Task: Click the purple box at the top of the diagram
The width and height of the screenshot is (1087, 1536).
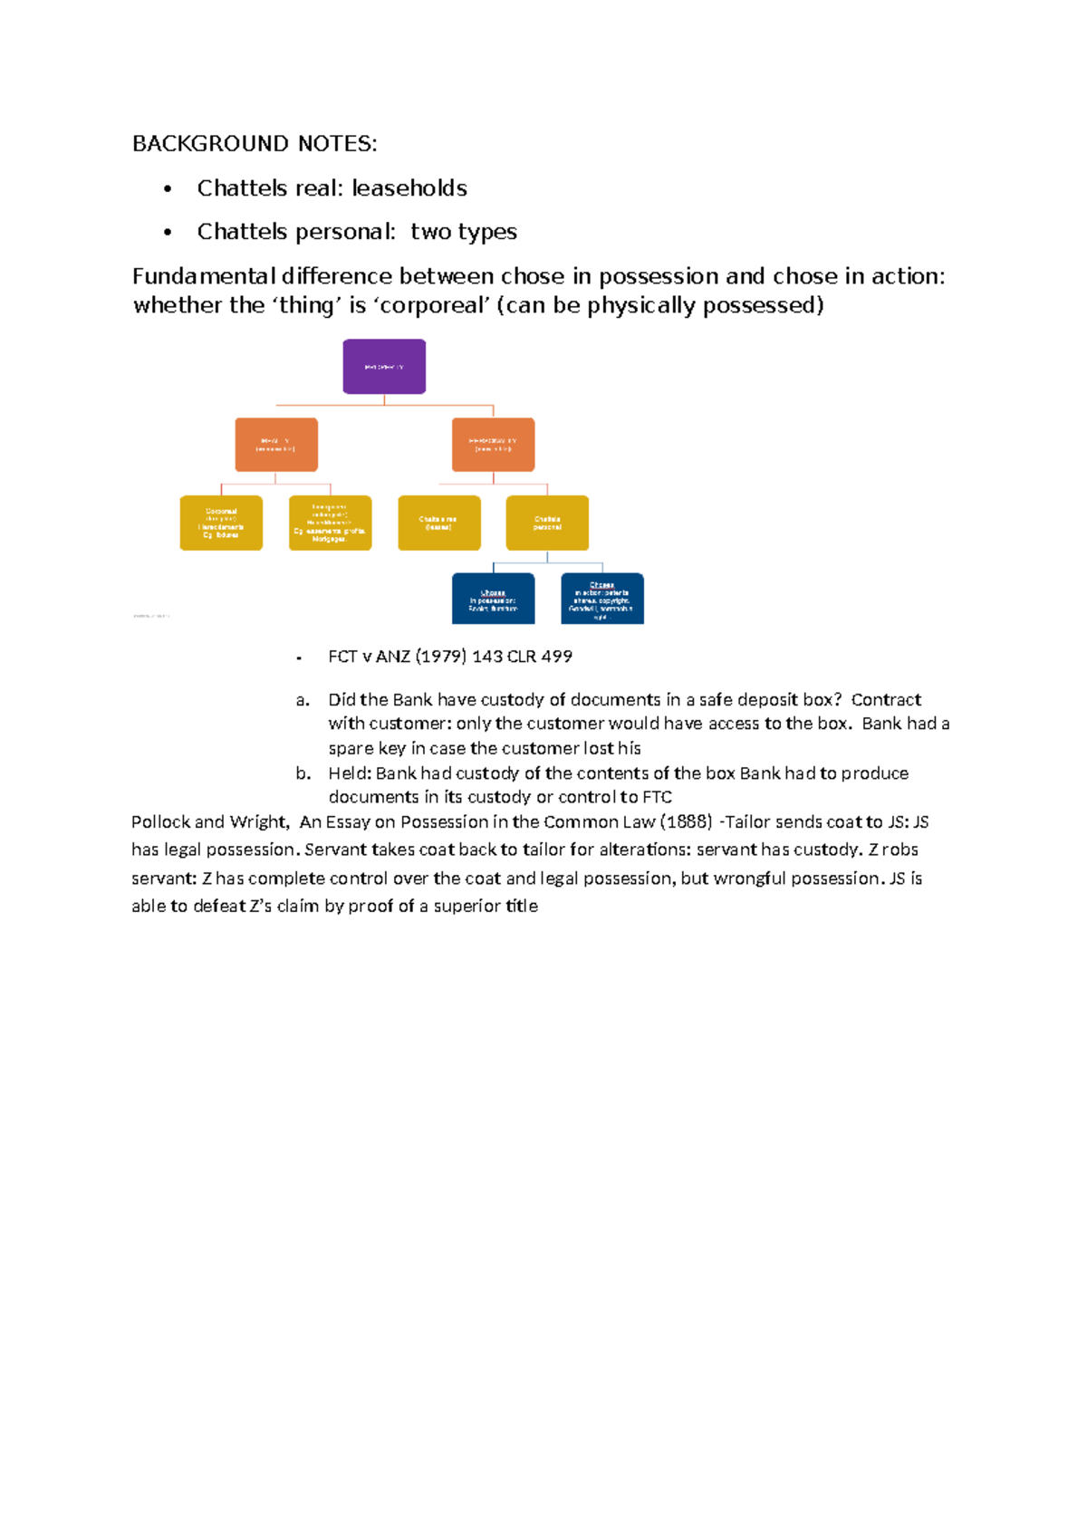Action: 384,367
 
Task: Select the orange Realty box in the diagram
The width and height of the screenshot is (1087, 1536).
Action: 276,445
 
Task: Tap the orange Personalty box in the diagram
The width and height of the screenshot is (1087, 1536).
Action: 493,445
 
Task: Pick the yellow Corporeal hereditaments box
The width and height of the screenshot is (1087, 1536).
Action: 221,523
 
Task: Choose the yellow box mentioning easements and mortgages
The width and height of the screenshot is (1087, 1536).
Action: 330,523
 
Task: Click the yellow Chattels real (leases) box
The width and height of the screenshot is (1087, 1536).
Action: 439,523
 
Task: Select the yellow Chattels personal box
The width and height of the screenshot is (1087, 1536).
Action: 547,523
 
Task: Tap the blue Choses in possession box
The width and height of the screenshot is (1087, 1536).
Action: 493,599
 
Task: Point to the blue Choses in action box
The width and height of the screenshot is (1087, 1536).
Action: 602,599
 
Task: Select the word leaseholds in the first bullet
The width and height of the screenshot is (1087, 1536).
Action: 409,188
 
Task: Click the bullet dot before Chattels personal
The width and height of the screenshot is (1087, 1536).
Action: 168,233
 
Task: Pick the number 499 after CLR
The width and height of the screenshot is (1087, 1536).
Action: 556,657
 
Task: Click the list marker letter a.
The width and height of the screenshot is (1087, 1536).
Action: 303,700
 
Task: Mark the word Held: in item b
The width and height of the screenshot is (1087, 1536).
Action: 350,773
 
